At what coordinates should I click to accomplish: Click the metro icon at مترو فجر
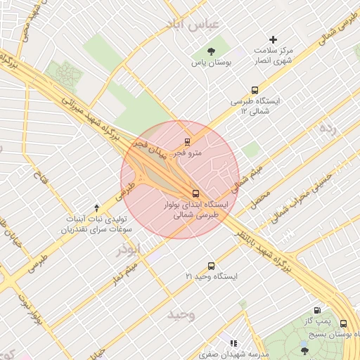click(x=187, y=143)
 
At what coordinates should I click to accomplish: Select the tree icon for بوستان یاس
click(x=211, y=51)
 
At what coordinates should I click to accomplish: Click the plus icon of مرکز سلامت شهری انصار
click(x=274, y=39)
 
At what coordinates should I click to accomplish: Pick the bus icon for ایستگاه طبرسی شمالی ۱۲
click(x=255, y=90)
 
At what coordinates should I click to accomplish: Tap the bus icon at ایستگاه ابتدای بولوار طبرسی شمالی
click(x=195, y=193)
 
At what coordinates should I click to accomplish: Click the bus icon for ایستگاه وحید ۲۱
click(x=211, y=266)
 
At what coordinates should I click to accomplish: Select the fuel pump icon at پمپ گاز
click(x=318, y=310)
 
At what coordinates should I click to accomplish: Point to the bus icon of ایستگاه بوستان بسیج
click(x=343, y=323)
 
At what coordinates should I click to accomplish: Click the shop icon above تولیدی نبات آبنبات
click(x=96, y=207)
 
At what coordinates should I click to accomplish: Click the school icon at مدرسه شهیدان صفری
click(x=233, y=343)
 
